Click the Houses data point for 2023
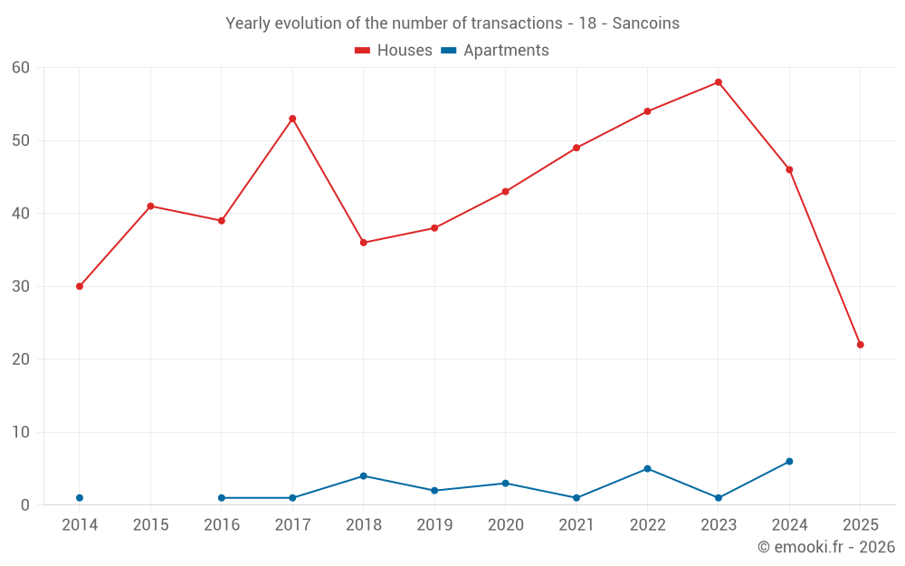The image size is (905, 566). point(719,82)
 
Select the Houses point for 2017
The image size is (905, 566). point(292,119)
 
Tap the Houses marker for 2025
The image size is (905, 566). point(860,345)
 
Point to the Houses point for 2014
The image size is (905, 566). point(80,286)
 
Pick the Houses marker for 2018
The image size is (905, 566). point(364,243)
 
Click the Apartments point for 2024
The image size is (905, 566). point(789,462)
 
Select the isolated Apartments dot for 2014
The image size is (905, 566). point(80,498)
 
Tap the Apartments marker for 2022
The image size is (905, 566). point(647,469)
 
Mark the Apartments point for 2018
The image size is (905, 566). point(364,476)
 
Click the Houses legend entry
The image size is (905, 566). point(394,51)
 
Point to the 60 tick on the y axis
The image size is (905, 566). point(22,68)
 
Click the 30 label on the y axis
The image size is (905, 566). point(22,286)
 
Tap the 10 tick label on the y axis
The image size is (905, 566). point(22,432)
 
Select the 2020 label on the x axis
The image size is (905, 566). point(505,525)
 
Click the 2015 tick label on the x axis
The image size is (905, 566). point(150,525)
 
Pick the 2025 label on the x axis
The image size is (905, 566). point(860,525)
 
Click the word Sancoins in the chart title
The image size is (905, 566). point(645,24)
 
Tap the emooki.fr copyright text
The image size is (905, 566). point(826,547)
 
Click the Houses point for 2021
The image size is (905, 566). point(576,148)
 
